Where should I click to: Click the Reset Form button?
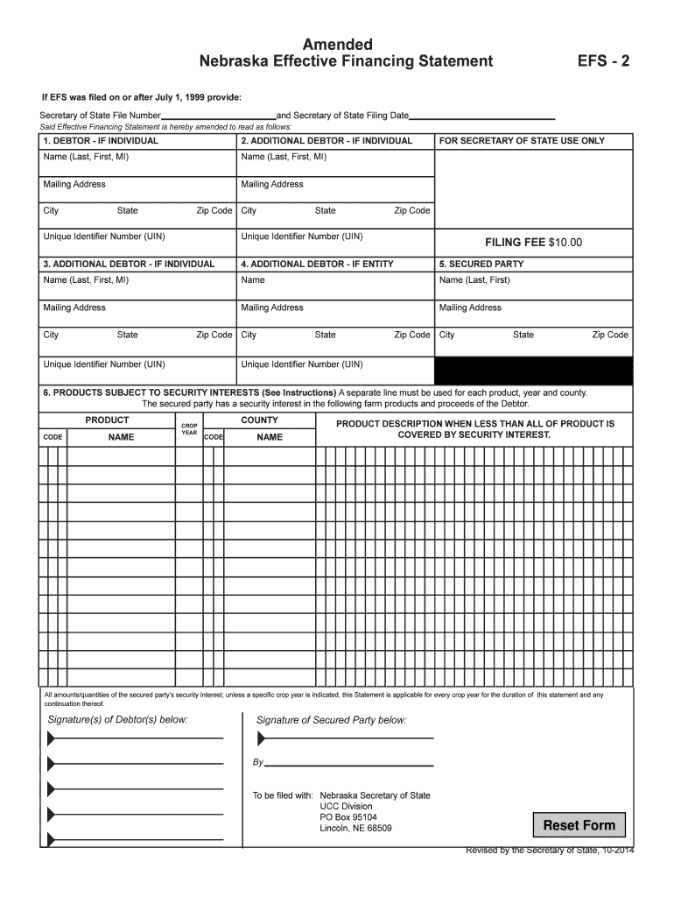click(x=579, y=825)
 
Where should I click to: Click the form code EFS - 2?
click(x=603, y=61)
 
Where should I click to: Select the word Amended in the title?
click(x=337, y=44)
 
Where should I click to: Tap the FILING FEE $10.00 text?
click(x=533, y=243)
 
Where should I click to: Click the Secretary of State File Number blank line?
click(x=219, y=116)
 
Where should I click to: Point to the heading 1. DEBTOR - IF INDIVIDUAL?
click(x=101, y=140)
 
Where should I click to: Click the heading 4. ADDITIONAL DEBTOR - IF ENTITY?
click(x=317, y=264)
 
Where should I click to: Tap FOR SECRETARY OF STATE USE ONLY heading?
click(x=522, y=140)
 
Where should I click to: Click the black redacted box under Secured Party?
click(x=533, y=371)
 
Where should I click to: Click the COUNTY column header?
click(x=259, y=420)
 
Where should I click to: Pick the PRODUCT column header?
click(x=107, y=420)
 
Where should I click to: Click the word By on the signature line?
click(x=258, y=763)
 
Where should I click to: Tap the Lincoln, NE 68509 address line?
click(x=355, y=828)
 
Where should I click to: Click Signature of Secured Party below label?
click(x=331, y=720)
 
